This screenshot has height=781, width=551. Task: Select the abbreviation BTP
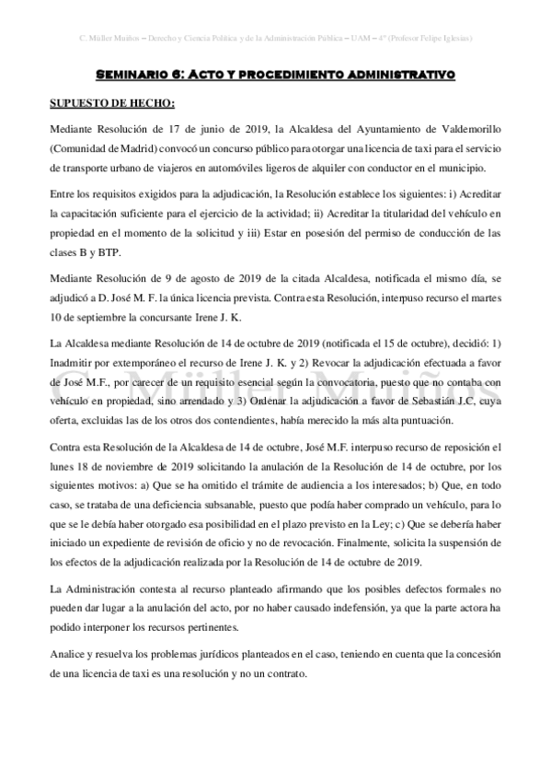(123, 252)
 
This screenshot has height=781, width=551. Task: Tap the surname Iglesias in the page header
(453, 40)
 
